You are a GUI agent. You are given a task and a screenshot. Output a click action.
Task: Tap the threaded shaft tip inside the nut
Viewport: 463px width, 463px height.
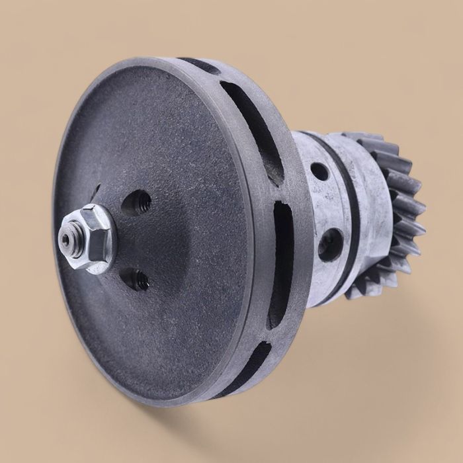[67, 237]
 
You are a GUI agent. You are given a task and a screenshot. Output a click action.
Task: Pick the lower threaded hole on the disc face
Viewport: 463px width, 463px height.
[139, 280]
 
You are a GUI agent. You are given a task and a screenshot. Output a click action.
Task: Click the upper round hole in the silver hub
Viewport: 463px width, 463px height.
[319, 171]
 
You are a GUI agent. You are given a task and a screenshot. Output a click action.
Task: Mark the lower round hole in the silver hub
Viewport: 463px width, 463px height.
[330, 244]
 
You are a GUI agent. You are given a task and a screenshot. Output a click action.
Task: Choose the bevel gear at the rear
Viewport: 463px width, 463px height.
[390, 212]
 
